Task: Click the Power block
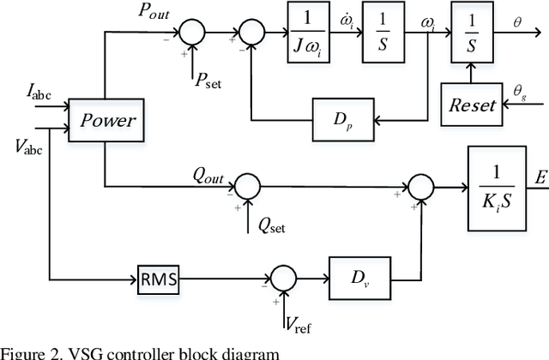pyautogui.click(x=108, y=120)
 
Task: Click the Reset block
pyautogui.click(x=473, y=105)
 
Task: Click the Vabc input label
pyautogui.click(x=31, y=143)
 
